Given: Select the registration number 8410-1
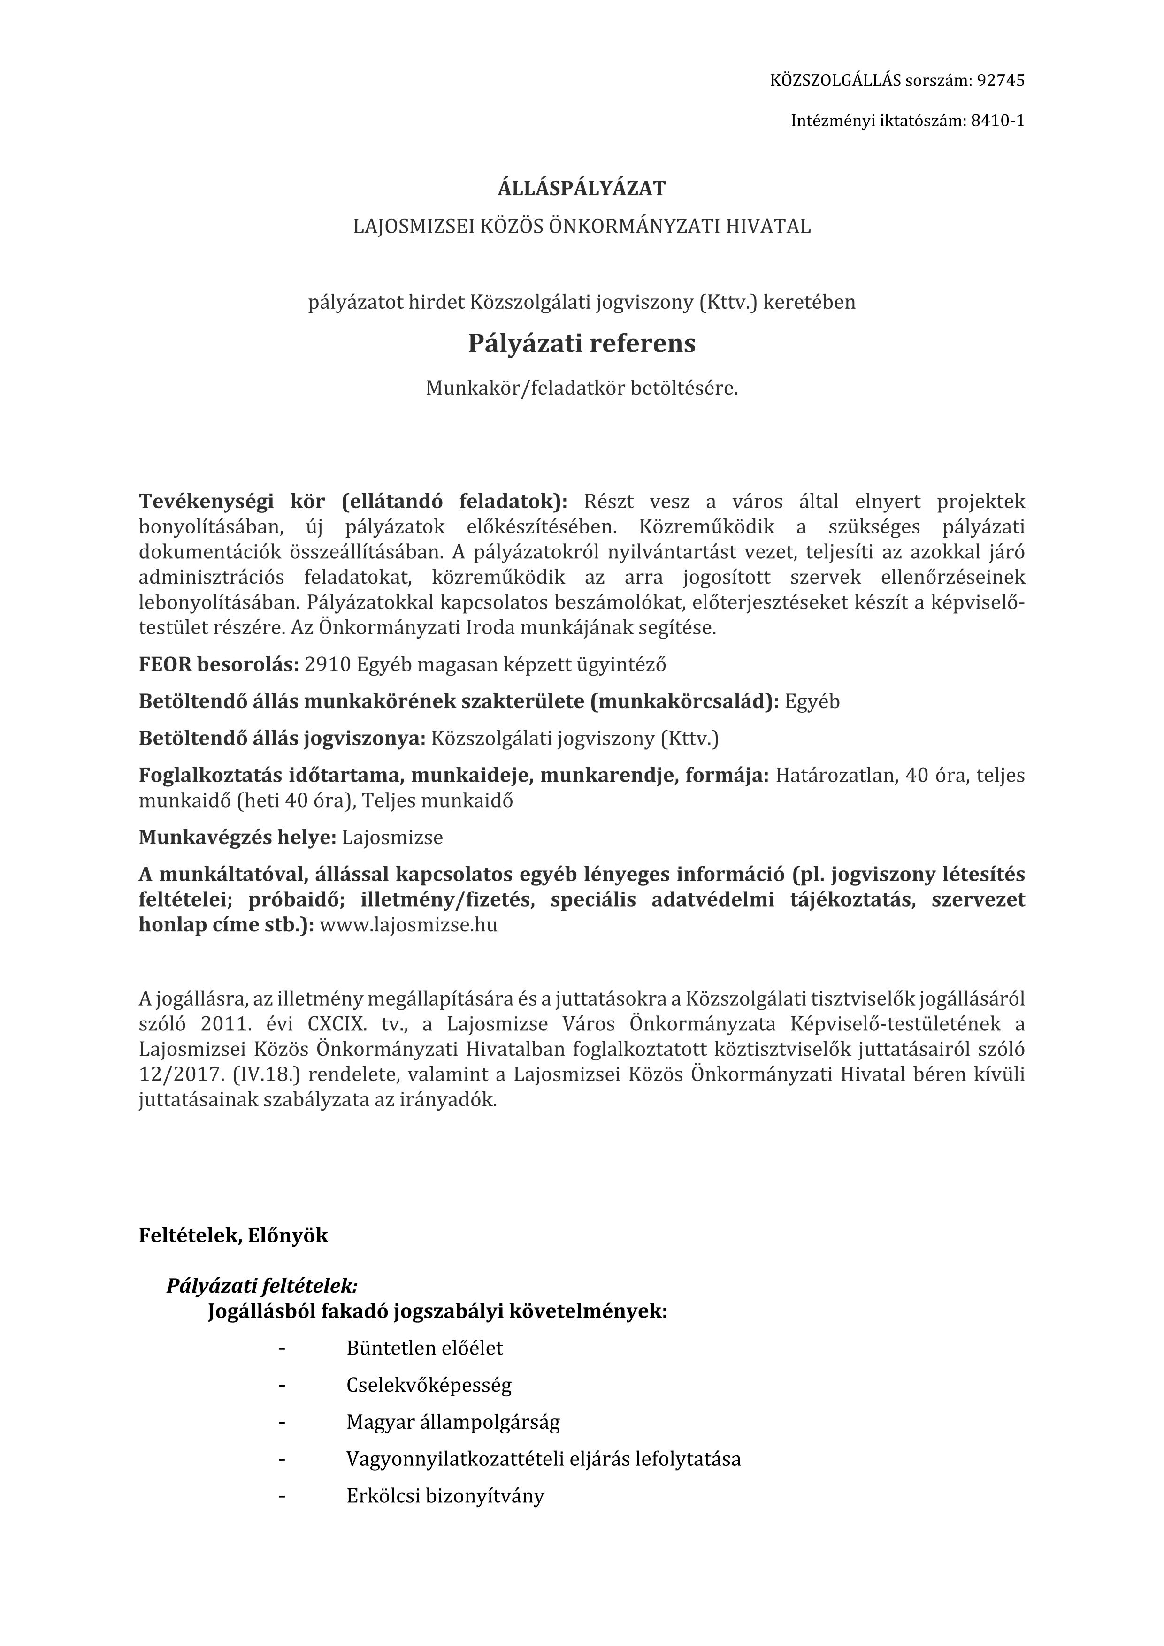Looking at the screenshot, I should (997, 121).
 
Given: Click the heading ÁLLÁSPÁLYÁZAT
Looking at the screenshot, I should (582, 189).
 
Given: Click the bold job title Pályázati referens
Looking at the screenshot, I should (582, 344).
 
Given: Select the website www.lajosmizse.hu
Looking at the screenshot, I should (408, 925).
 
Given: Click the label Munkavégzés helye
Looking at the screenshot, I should (237, 838).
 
